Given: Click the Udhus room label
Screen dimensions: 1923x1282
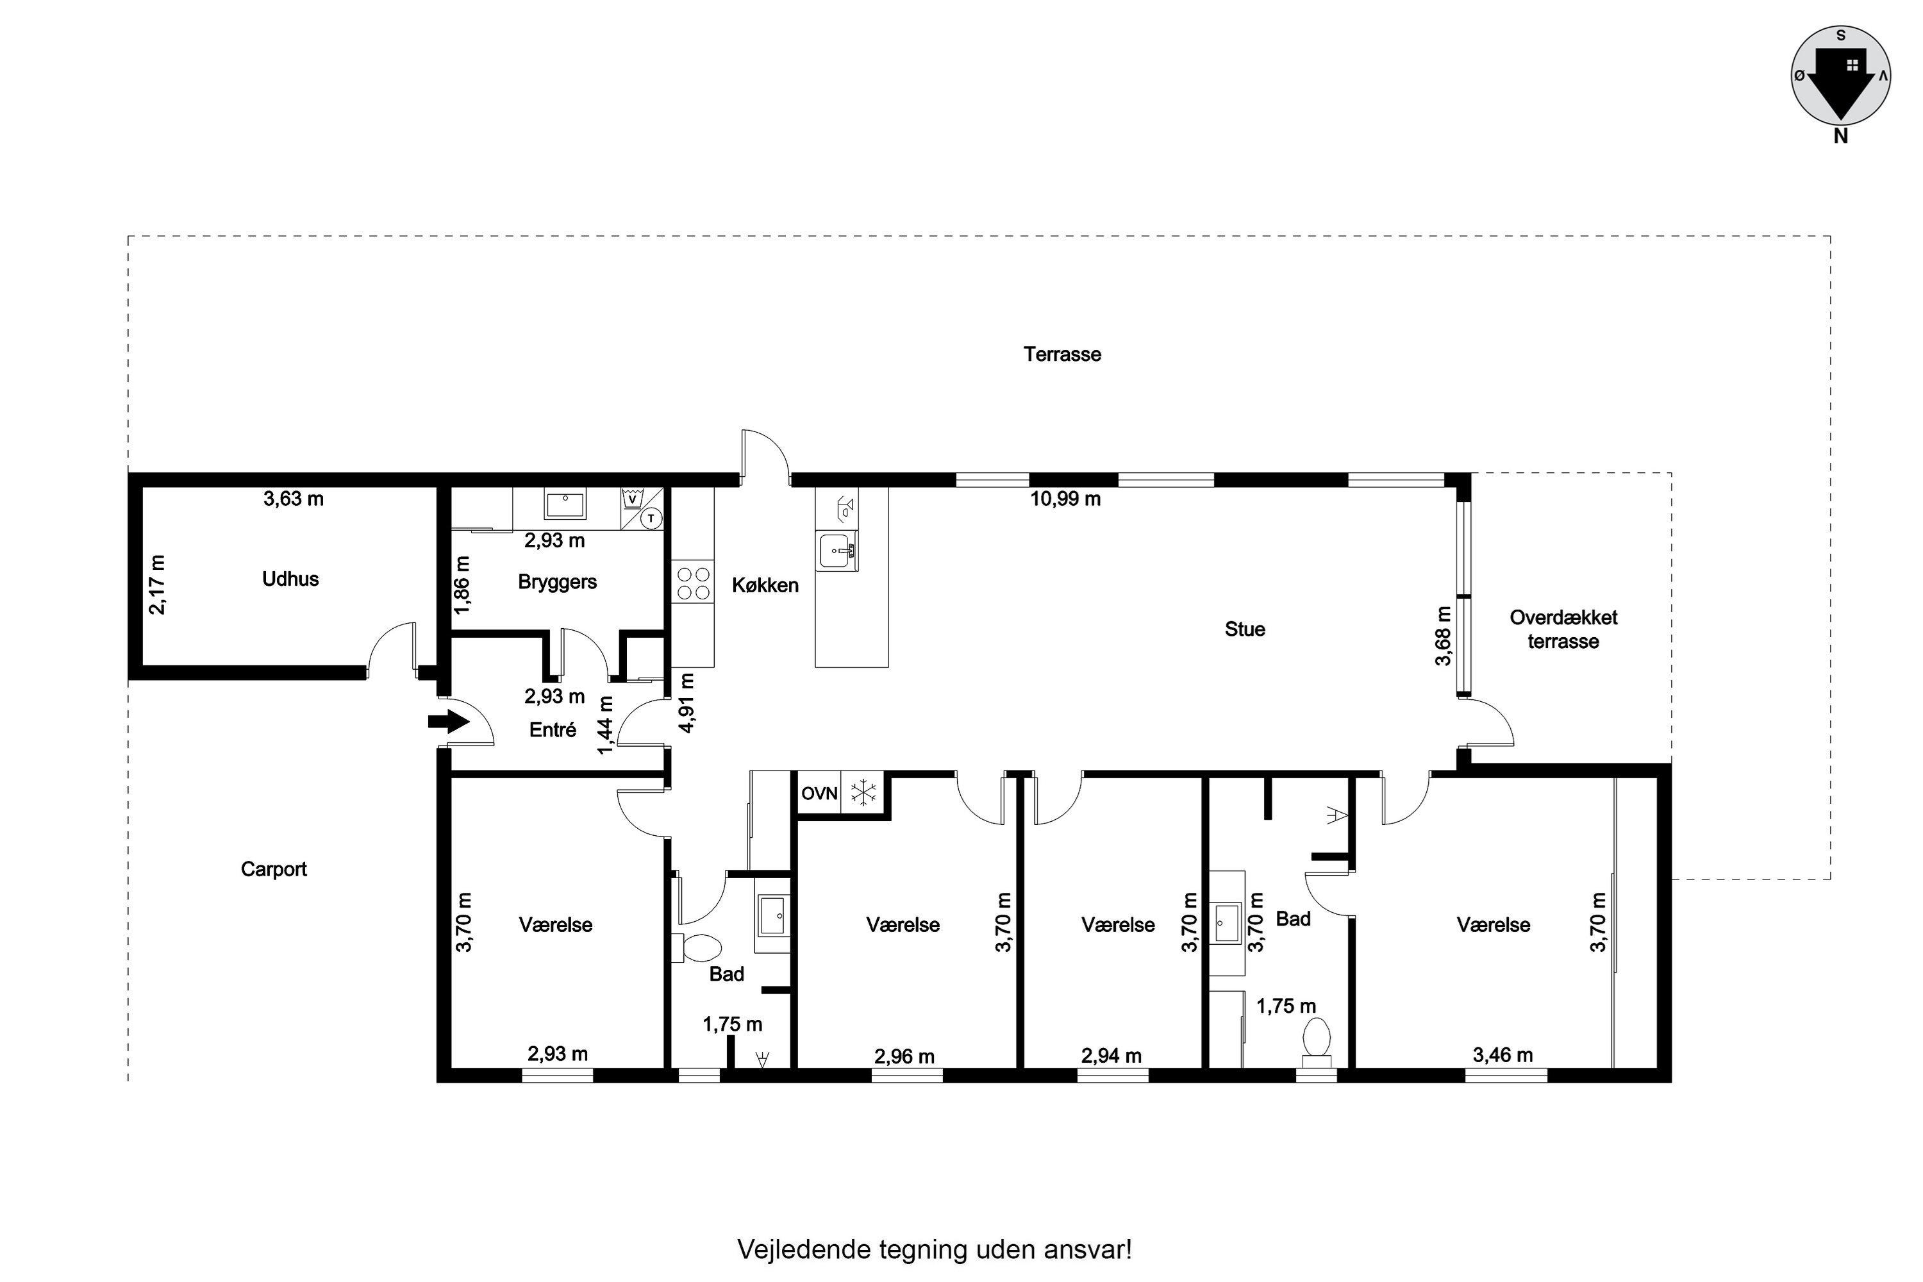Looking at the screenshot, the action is point(290,579).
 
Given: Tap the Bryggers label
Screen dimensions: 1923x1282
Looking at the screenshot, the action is point(558,582).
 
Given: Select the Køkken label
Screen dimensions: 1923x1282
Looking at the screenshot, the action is point(765,585).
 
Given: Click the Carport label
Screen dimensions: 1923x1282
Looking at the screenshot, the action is point(274,869).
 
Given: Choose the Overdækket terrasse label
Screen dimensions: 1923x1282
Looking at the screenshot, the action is point(1563,629).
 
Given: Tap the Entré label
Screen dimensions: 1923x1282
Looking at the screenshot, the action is point(553,729).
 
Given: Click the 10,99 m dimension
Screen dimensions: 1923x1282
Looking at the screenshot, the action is point(1065,499).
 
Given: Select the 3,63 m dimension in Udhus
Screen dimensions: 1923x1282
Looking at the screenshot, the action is point(294,499).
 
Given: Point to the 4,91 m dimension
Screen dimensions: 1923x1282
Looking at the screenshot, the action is point(687,703).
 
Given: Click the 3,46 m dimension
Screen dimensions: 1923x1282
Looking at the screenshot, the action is point(1503,1054).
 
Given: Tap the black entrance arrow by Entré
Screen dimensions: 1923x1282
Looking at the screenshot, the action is point(448,722).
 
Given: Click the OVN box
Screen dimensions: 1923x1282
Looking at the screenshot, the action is point(819,793).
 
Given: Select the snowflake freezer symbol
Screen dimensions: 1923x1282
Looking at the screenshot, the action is point(863,792).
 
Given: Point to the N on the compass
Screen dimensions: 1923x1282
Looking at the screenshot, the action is point(1840,137).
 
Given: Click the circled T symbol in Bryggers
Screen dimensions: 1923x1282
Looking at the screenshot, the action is point(651,519).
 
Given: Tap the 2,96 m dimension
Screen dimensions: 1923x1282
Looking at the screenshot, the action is point(904,1056).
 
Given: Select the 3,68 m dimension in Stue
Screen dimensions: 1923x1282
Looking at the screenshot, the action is point(1443,635).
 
